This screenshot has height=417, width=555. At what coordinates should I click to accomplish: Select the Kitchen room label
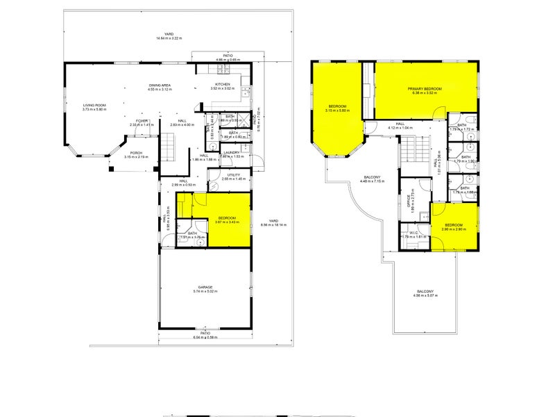click(x=219, y=86)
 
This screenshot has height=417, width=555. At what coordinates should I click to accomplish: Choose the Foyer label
click(x=142, y=121)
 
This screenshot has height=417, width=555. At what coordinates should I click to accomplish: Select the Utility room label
click(x=231, y=175)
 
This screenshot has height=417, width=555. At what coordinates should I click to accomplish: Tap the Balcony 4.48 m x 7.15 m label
click(x=373, y=178)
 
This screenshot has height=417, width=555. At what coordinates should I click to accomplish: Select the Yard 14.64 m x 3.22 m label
click(x=168, y=34)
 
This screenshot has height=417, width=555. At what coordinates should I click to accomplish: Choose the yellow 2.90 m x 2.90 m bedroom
click(x=454, y=226)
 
